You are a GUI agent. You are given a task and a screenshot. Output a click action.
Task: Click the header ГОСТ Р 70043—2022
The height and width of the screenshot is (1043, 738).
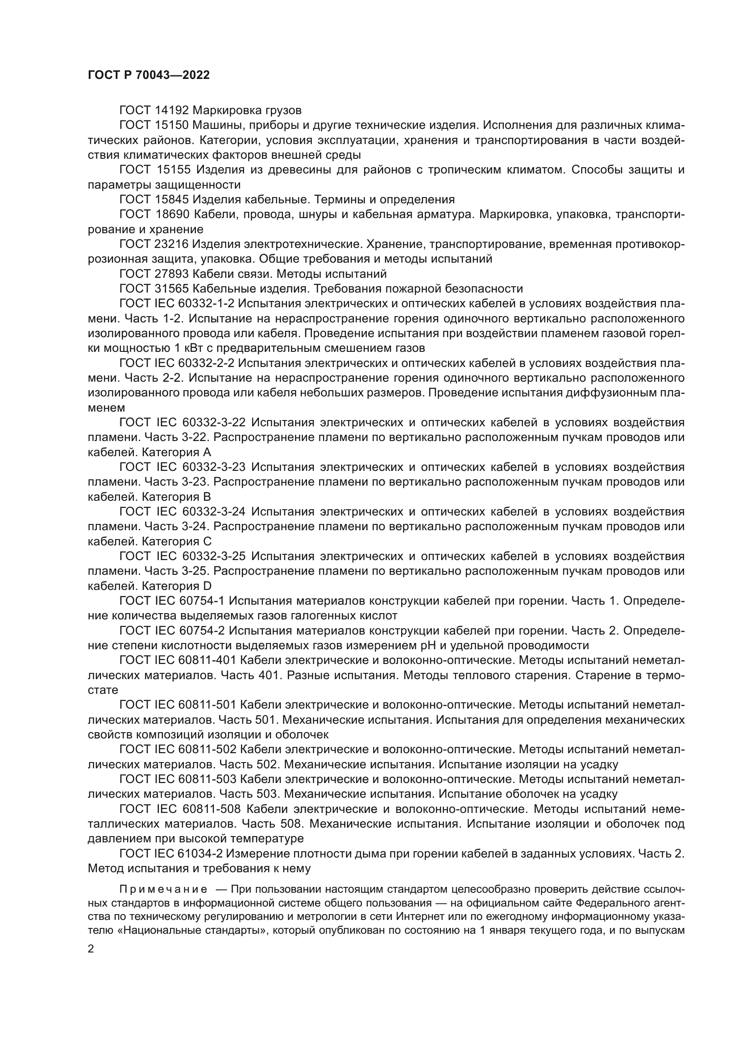pyautogui.click(x=149, y=75)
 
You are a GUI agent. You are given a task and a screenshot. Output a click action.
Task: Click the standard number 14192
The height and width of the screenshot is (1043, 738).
pyautogui.click(x=172, y=111)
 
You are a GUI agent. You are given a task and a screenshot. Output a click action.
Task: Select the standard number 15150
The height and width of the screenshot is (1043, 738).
pyautogui.click(x=172, y=125)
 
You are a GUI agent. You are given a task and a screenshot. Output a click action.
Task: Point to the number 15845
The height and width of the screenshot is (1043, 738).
pyautogui.click(x=172, y=199)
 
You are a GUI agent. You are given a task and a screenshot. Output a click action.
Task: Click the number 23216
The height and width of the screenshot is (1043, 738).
pyautogui.click(x=172, y=244)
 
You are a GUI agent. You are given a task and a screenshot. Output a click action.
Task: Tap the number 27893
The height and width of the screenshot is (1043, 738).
pyautogui.click(x=172, y=274)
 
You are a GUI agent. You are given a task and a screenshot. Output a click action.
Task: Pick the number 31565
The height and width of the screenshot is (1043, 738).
pyautogui.click(x=172, y=289)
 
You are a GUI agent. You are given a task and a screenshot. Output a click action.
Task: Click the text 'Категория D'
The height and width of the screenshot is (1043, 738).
pyautogui.click(x=177, y=585)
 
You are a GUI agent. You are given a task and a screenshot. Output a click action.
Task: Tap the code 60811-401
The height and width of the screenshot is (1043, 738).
pyautogui.click(x=207, y=660)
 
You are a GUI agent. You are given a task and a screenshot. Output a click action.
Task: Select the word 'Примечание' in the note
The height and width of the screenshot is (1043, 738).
pyautogui.click(x=163, y=889)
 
